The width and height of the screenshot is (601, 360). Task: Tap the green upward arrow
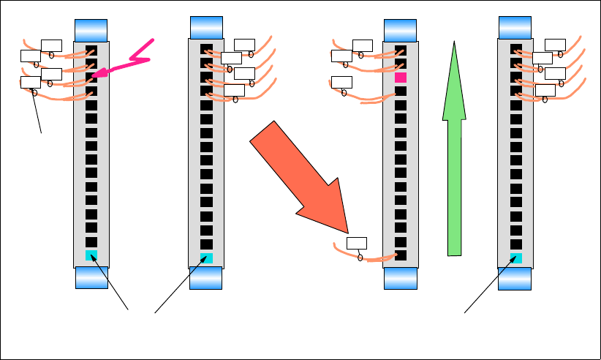coord(455,146)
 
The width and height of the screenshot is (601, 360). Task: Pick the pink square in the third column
coord(400,77)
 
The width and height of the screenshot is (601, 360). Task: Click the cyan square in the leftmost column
coord(91,255)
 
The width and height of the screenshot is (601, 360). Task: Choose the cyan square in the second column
coord(206,258)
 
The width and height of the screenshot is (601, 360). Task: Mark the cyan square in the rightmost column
coord(516,258)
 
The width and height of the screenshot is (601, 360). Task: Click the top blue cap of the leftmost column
coord(91,30)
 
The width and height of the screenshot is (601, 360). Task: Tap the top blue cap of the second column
coord(206,27)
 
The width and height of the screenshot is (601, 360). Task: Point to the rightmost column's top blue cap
coord(516,27)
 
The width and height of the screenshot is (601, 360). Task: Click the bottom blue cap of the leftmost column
coord(91,277)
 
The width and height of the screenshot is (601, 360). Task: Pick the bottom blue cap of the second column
coord(206,277)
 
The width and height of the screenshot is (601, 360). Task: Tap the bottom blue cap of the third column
coord(400,277)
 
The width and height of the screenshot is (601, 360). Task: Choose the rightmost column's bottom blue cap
coord(516,277)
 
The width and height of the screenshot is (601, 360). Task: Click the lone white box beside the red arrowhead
coord(357,243)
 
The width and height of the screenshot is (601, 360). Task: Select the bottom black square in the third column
coord(400,255)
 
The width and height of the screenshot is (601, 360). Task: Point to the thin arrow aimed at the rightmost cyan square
coord(490,285)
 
